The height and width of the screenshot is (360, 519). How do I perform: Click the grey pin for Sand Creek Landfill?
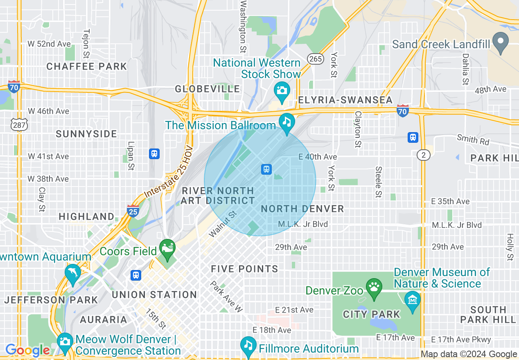500,42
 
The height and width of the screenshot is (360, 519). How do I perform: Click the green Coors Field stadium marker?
167,248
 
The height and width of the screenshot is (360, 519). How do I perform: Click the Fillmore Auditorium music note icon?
248,346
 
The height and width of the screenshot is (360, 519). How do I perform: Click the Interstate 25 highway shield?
133,211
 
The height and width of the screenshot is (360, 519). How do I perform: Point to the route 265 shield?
316,59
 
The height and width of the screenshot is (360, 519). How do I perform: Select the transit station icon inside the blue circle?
266,169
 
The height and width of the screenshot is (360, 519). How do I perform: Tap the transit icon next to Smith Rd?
413,137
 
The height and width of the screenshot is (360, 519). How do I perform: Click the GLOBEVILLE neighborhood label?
208,89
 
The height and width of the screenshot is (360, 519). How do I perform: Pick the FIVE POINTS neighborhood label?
244,269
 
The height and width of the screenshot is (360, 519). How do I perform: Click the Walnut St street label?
223,224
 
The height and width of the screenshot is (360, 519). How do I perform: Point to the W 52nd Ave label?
49,44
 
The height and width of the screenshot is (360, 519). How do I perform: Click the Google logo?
27,350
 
